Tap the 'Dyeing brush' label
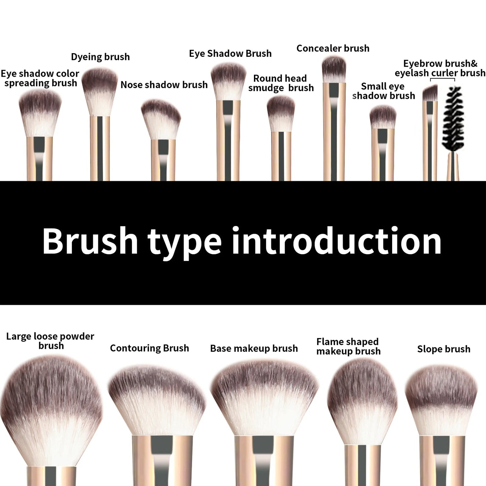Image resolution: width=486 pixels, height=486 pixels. tap(100, 57)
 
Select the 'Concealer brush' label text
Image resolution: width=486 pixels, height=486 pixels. tap(333, 48)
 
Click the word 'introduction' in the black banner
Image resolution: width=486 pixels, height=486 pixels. tap(336, 241)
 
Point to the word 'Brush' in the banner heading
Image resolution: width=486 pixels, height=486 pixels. tap(90, 241)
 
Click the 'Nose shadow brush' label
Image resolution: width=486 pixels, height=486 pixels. tap(164, 85)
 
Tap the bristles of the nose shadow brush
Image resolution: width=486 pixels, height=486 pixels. tap(161, 118)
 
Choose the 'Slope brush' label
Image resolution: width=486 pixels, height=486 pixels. tap(444, 349)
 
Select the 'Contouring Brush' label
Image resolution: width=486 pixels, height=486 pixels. tap(149, 348)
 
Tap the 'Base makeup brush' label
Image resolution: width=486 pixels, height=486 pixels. tap(254, 348)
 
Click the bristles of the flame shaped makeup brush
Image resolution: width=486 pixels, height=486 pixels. tap(362, 400)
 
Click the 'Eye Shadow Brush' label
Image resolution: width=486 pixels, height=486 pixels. tap(230, 53)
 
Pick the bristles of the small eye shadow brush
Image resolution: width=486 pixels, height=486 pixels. tap(383, 117)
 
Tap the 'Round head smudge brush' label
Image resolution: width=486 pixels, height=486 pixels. tap(281, 83)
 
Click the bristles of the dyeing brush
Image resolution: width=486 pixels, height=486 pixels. tap(100, 91)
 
